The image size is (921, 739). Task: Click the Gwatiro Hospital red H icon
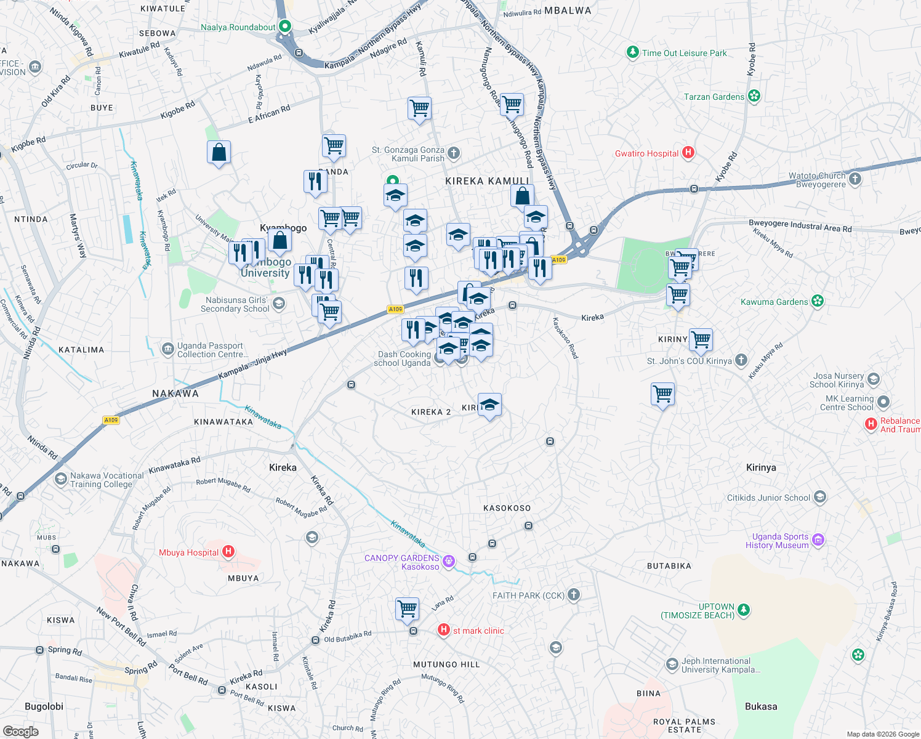pyautogui.click(x=688, y=153)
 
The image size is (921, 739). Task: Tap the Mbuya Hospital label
pyautogui.click(x=188, y=552)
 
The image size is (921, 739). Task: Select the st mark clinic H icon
pyautogui.click(x=443, y=629)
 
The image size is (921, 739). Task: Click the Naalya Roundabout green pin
pyautogui.click(x=285, y=26)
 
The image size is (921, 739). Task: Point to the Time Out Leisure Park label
pyautogui.click(x=684, y=53)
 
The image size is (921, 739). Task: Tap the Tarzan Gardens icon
pyautogui.click(x=754, y=96)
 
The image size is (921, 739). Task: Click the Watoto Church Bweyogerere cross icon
pyautogui.click(x=855, y=179)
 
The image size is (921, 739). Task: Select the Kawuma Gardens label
pyautogui.click(x=774, y=302)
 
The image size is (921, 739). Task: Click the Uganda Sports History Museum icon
pyautogui.click(x=818, y=540)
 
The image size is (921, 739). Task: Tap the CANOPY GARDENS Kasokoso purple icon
pyautogui.click(x=449, y=561)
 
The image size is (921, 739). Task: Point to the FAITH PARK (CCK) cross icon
pyautogui.click(x=574, y=594)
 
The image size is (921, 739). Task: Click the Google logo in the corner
pyautogui.click(x=21, y=731)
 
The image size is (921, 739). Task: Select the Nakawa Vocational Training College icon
pyautogui.click(x=60, y=479)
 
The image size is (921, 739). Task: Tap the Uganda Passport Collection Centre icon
pyautogui.click(x=167, y=349)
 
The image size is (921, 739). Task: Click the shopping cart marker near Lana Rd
pyautogui.click(x=408, y=609)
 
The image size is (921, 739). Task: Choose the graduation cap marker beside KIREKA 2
pyautogui.click(x=489, y=405)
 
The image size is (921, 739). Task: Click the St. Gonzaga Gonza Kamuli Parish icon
pyautogui.click(x=454, y=153)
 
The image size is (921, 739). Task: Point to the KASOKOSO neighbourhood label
pyautogui.click(x=507, y=508)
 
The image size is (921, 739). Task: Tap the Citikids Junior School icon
pyautogui.click(x=819, y=497)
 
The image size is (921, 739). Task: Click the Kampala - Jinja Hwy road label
pyautogui.click(x=252, y=364)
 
